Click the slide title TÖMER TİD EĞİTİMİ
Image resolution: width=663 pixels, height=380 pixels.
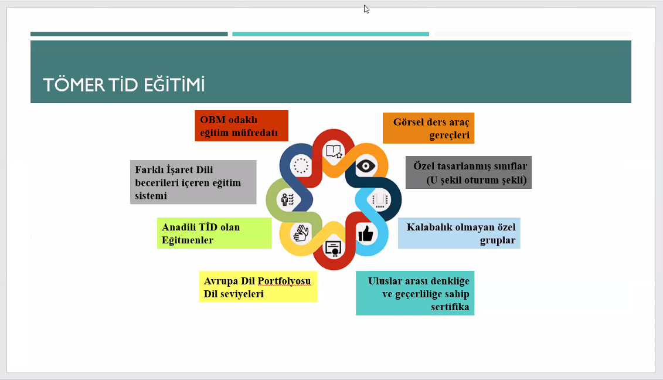[x=124, y=84]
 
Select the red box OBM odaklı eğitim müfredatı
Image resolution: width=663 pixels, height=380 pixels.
[x=242, y=125]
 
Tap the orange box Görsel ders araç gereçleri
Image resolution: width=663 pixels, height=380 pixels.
[x=429, y=128]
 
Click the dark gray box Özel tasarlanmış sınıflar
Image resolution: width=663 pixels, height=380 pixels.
[x=468, y=172]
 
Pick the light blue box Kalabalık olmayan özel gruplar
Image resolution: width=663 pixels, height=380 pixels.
[x=459, y=233]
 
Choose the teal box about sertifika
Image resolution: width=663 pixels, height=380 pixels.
[x=415, y=293]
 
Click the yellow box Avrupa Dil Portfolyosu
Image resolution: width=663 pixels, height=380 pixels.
[x=258, y=287]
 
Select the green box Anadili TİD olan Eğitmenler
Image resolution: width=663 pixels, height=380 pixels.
[x=215, y=233]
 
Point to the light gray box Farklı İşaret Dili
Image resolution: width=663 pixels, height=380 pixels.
[x=193, y=182]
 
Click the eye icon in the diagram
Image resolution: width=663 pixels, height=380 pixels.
[x=366, y=165]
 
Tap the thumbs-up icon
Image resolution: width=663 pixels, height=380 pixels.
[x=366, y=233]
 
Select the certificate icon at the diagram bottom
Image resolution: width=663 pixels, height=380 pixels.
[x=333, y=249]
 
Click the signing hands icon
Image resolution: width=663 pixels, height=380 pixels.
[x=301, y=233]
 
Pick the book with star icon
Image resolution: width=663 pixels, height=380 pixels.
[x=334, y=151]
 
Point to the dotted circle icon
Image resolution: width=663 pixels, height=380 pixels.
[x=301, y=165]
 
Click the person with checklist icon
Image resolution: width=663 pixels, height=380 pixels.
[x=287, y=199]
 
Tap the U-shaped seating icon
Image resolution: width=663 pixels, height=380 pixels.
[x=380, y=200]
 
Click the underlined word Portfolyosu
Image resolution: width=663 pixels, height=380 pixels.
[x=284, y=281]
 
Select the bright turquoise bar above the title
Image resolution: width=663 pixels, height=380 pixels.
[x=331, y=34]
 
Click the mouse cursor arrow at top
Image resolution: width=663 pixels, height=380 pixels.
[x=366, y=9]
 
